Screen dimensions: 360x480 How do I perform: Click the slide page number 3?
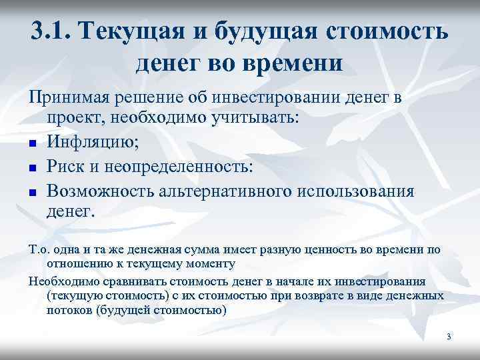pyautogui.click(x=449, y=337)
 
